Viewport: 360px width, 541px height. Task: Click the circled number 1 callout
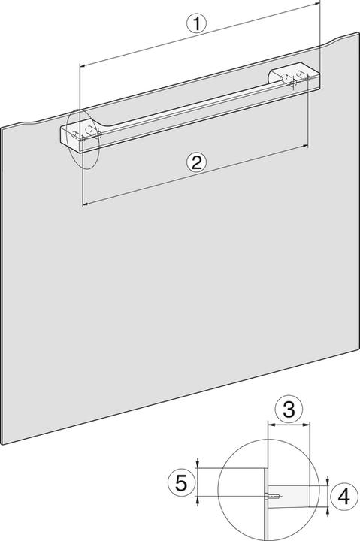click(x=196, y=23)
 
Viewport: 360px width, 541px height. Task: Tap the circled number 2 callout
click(x=195, y=162)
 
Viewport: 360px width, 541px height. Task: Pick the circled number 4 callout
click(x=343, y=497)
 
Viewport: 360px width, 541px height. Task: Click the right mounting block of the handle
click(x=295, y=77)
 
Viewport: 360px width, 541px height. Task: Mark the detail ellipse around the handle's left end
click(x=83, y=139)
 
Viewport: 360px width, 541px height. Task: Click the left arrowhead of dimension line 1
click(x=80, y=67)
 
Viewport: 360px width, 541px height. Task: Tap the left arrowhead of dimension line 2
click(x=83, y=203)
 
